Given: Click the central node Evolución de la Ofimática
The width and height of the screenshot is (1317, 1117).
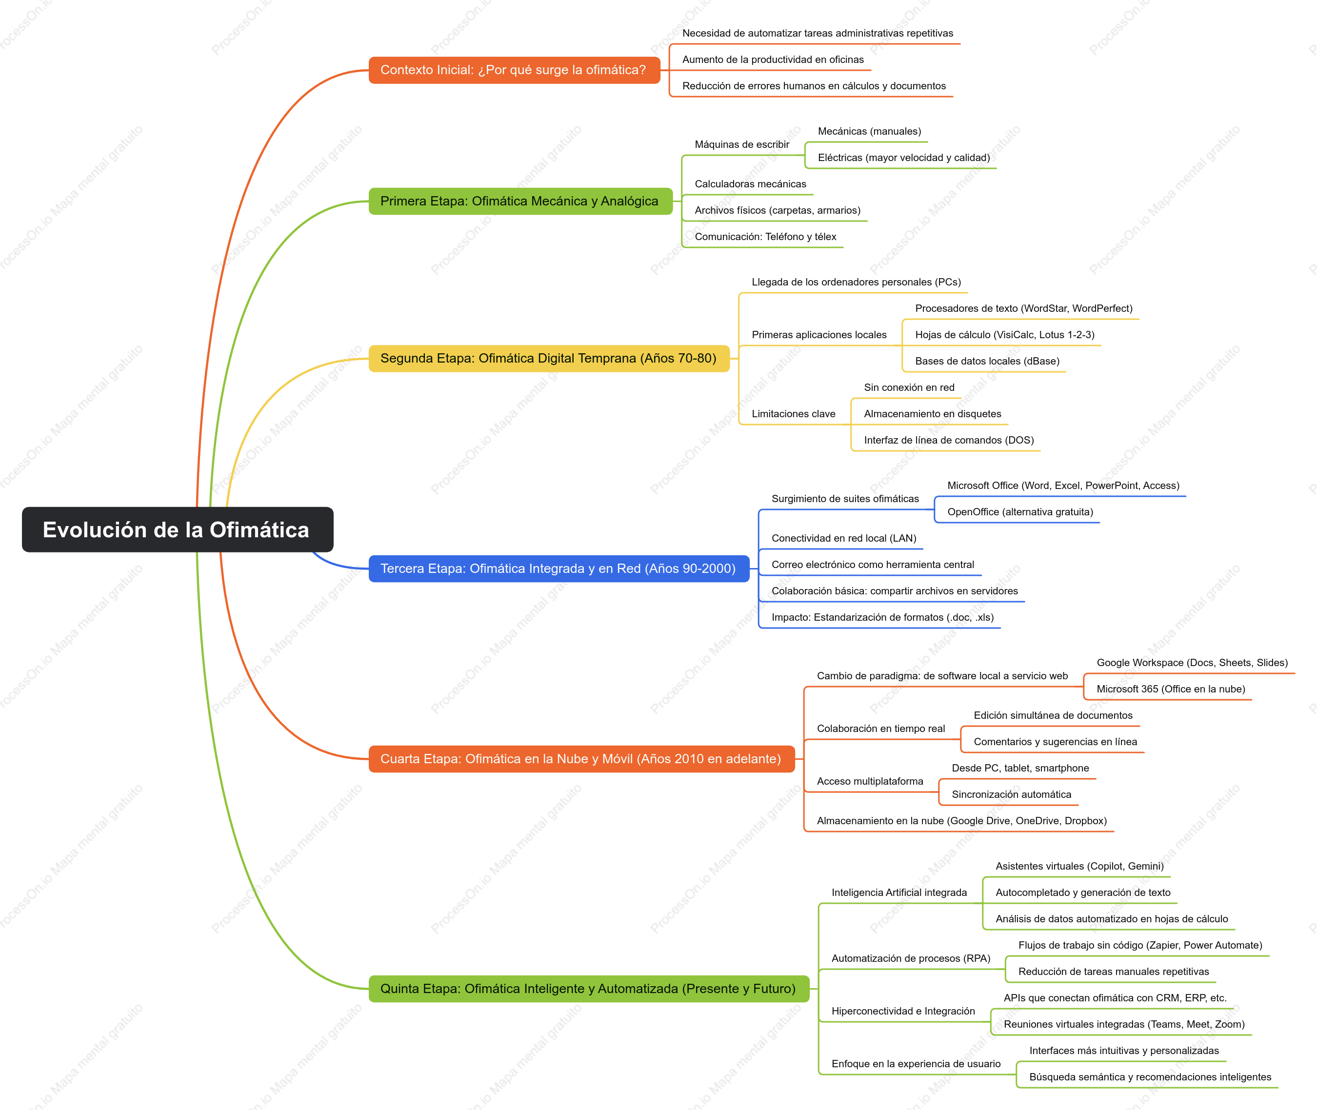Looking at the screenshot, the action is [x=177, y=529].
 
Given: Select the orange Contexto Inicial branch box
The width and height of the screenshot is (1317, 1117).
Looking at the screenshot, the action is [x=515, y=70].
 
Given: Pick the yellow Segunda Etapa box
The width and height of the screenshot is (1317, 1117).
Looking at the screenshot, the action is [x=549, y=358].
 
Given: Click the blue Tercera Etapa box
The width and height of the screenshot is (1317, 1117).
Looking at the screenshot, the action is [x=559, y=569].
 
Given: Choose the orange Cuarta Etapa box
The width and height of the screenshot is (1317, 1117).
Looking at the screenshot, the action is [x=581, y=759].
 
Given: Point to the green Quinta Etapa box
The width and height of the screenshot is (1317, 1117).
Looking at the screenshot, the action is [x=589, y=989].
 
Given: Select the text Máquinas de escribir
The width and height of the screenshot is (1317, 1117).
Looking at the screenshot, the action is [x=742, y=144].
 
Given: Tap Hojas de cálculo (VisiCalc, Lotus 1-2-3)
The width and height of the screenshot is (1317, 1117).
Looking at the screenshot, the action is [x=1004, y=335].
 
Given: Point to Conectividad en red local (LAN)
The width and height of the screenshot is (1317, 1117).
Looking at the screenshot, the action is [x=844, y=538].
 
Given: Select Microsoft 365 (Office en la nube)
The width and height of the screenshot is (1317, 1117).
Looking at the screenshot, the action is [x=1171, y=689].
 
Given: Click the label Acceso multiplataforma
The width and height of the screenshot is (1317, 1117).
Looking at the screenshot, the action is [x=870, y=781].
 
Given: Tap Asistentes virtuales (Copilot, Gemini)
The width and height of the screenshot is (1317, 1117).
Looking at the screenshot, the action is [x=1079, y=866].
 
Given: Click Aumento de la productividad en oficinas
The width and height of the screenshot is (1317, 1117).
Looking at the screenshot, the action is [x=773, y=60].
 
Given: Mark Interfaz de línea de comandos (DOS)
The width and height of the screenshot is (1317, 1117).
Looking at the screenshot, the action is [x=949, y=440].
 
